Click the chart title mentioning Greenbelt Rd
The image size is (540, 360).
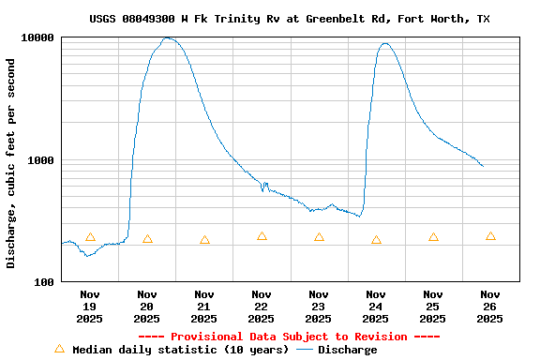289,19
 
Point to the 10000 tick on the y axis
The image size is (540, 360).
38,38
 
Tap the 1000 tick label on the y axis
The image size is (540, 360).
41,160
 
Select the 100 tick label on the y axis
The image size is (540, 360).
44,282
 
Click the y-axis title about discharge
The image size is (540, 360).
11,163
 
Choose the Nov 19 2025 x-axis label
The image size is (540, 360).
90,307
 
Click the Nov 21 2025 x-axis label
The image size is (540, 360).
204,307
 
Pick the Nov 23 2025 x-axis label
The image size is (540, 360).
319,307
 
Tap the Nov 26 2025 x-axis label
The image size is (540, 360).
490,307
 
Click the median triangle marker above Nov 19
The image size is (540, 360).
90,237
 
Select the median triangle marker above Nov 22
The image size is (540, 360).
262,236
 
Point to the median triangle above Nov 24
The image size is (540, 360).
376,240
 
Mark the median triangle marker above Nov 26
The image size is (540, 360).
490,236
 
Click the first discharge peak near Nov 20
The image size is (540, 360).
168,38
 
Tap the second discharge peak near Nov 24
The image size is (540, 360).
384,43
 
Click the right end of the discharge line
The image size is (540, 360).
483,166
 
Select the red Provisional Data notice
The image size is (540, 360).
289,337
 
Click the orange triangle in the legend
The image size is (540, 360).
59,349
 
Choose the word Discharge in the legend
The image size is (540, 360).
347,350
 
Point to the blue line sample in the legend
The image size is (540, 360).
305,350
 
